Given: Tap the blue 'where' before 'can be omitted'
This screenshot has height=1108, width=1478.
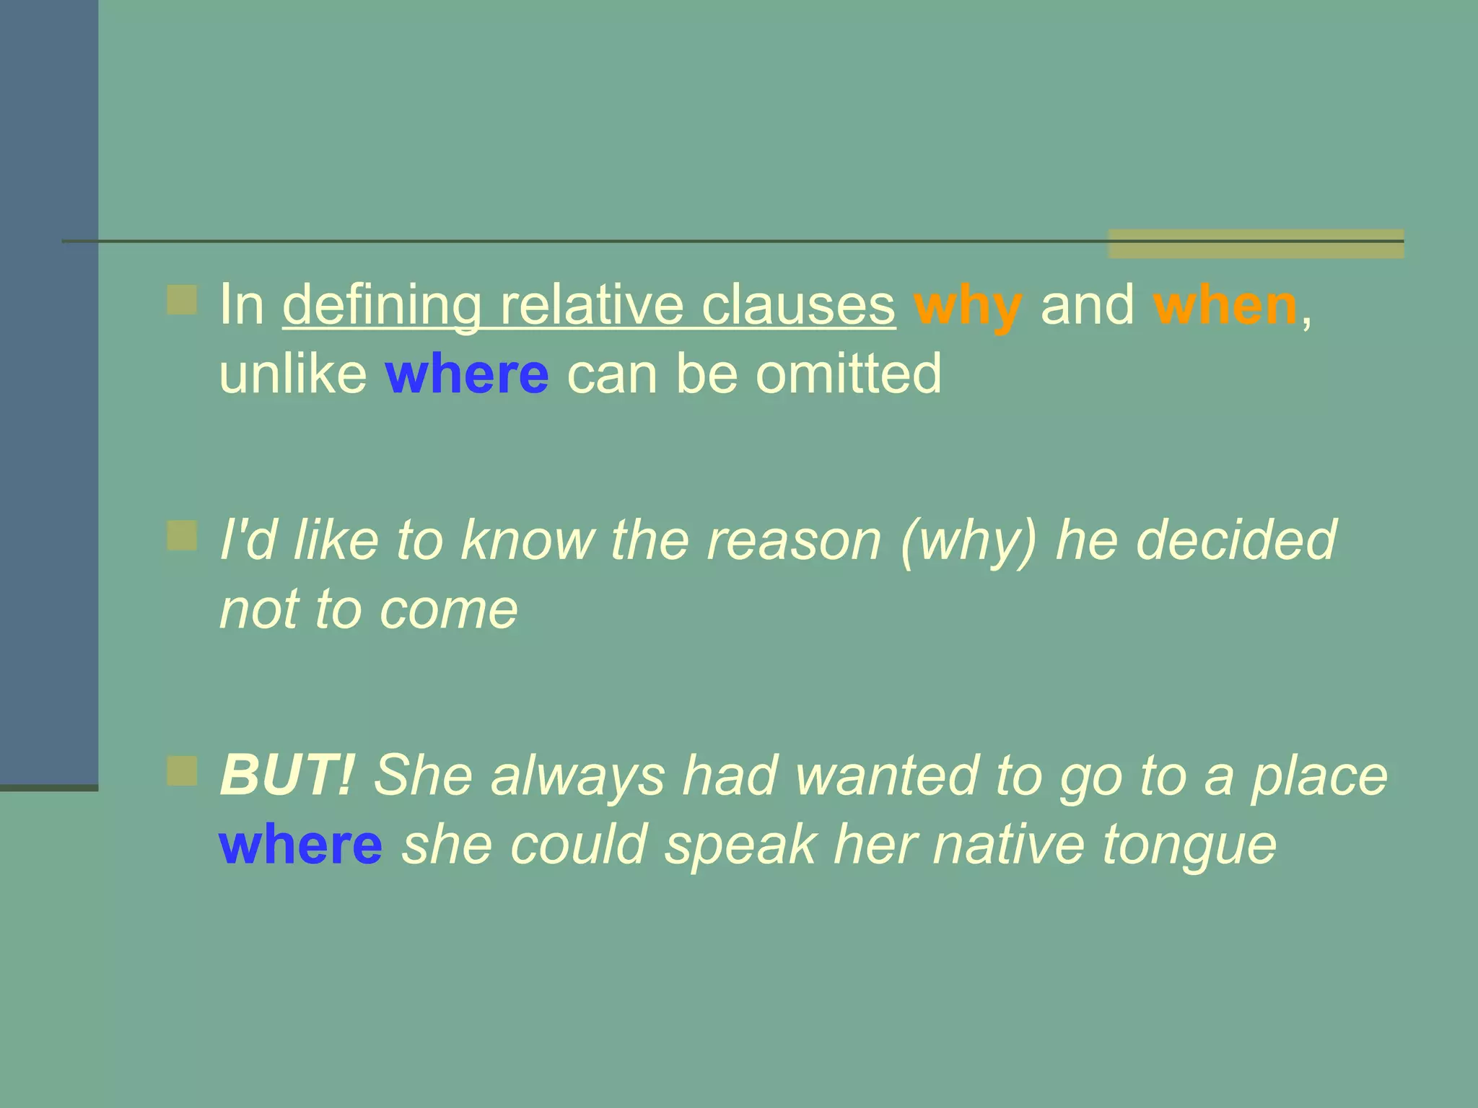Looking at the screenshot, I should [x=467, y=374].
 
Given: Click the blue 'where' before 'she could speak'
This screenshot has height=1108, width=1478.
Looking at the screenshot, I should [x=300, y=845].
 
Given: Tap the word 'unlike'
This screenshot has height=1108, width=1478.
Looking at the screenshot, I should [x=293, y=374].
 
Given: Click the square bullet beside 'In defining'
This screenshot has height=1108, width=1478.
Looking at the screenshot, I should [x=182, y=300].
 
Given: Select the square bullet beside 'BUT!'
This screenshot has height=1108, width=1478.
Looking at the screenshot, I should [x=182, y=771].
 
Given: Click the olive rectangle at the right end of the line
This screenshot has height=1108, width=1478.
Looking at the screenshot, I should [x=1256, y=244].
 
